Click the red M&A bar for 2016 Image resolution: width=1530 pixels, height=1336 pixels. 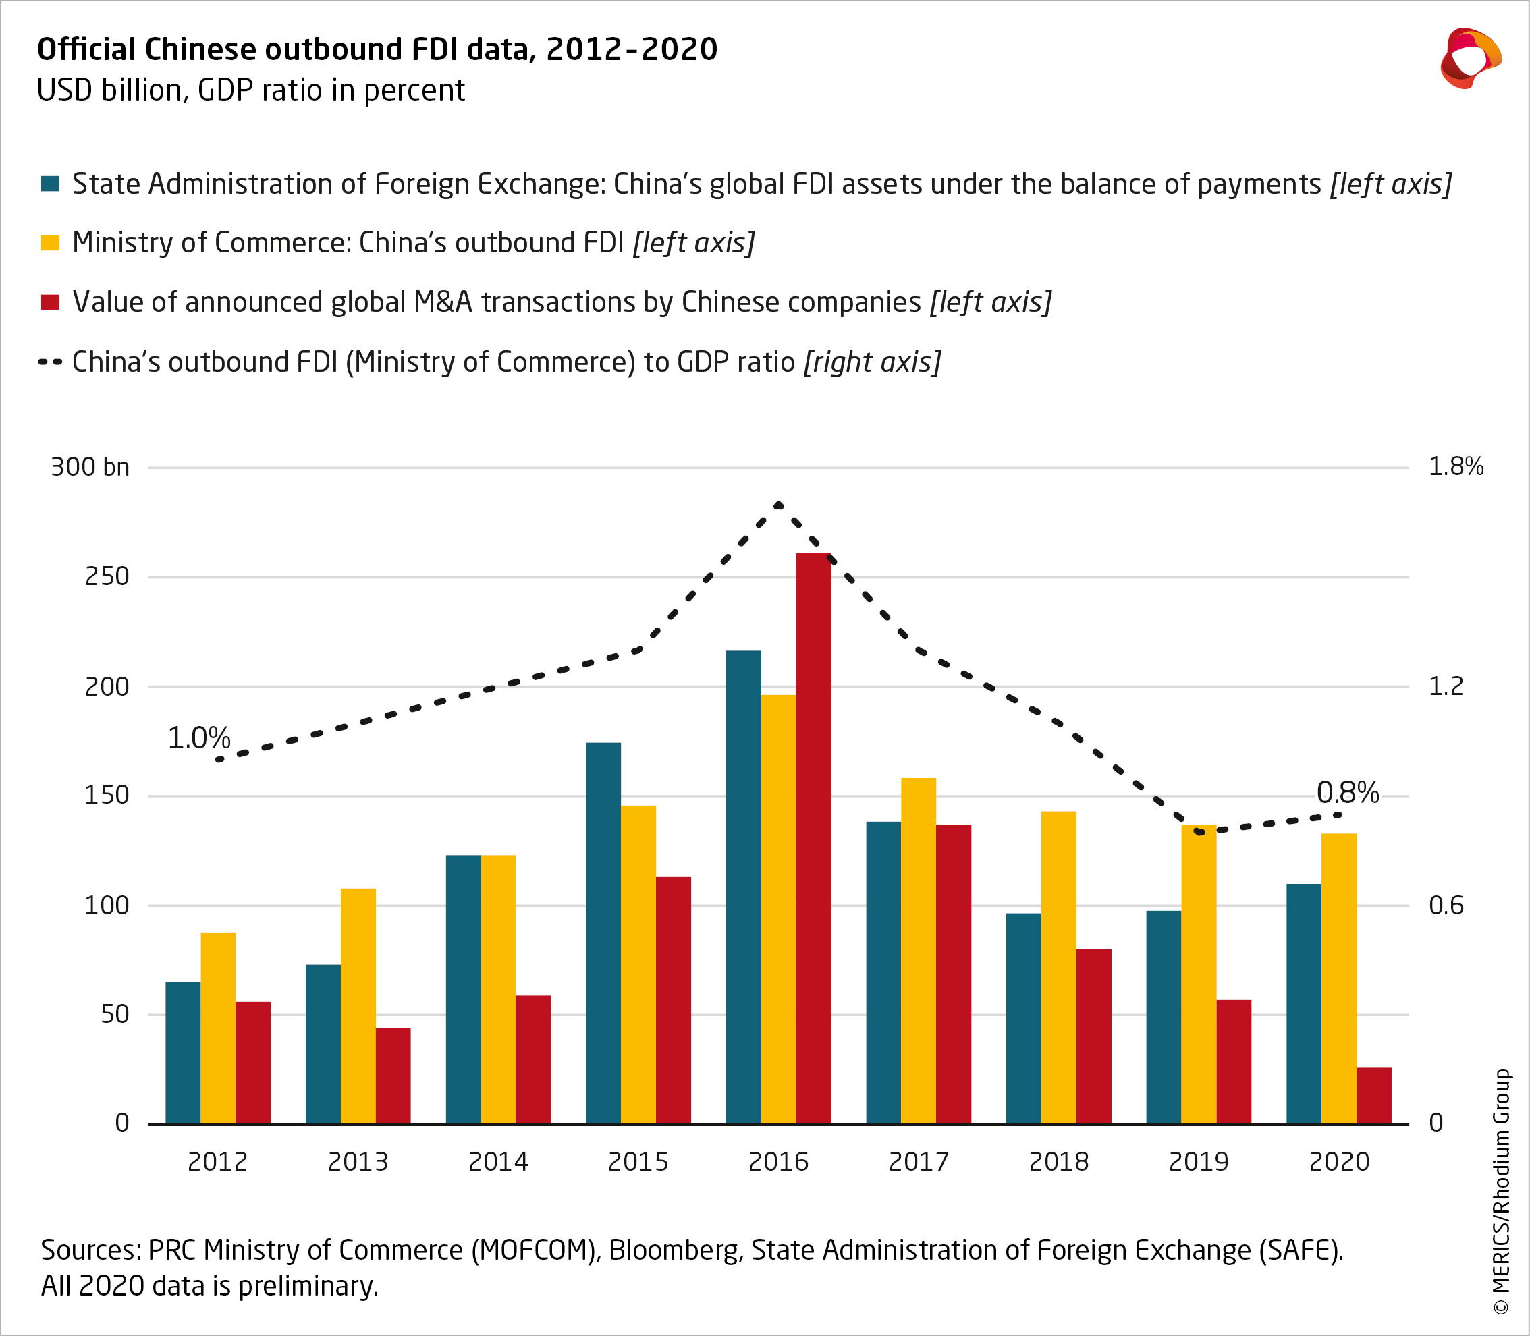pyautogui.click(x=813, y=838)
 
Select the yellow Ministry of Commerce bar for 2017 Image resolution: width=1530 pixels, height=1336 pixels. pyautogui.click(x=918, y=951)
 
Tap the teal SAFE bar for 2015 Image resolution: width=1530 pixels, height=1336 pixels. pyautogui.click(x=603, y=933)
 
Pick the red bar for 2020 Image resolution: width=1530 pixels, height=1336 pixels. pyautogui.click(x=1373, y=1095)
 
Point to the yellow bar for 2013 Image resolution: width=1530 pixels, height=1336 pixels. pyautogui.click(x=358, y=1006)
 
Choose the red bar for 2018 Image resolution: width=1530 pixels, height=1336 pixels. pyautogui.click(x=1094, y=1036)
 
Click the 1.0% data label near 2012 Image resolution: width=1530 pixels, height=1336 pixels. pyautogui.click(x=198, y=738)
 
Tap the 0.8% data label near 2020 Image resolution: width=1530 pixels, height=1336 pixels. pyautogui.click(x=1347, y=793)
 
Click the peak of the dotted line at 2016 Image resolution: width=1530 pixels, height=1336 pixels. pyautogui.click(x=778, y=505)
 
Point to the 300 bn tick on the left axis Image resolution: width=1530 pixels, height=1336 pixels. pyautogui.click(x=90, y=468)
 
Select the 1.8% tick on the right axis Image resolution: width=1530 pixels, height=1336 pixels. pyautogui.click(x=1456, y=467)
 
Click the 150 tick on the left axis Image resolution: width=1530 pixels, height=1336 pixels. pyautogui.click(x=107, y=796)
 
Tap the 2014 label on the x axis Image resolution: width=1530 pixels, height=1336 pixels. pyautogui.click(x=498, y=1161)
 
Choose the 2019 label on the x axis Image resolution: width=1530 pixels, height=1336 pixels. pyautogui.click(x=1198, y=1161)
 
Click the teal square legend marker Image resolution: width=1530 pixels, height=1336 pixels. pyautogui.click(x=50, y=184)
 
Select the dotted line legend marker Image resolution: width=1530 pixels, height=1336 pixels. pyautogui.click(x=50, y=362)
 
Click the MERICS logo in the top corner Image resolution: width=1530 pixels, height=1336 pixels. pyautogui.click(x=1470, y=58)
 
